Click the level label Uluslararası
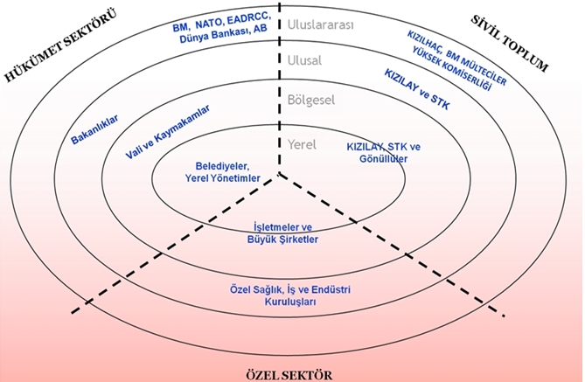(321, 25)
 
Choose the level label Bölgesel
(312, 101)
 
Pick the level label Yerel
(303, 144)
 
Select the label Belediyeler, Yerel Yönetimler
(224, 171)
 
